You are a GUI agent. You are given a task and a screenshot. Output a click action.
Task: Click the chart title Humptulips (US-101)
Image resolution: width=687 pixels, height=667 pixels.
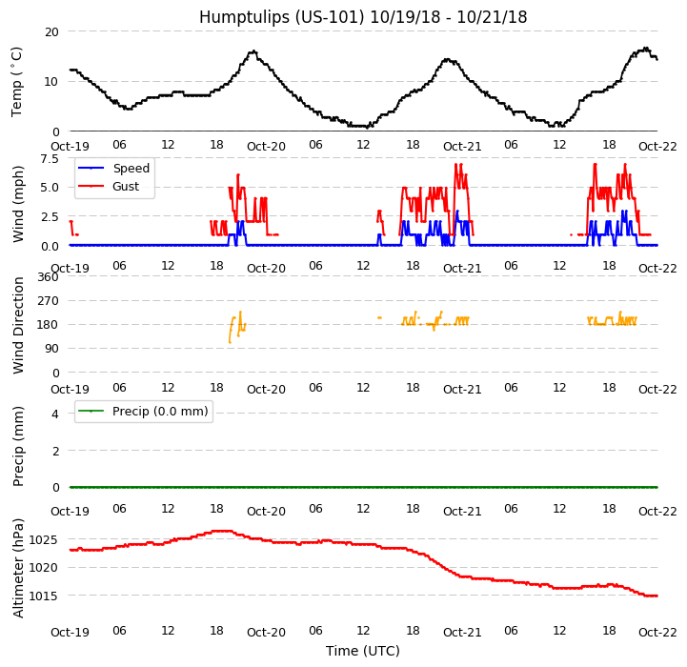[x=363, y=17]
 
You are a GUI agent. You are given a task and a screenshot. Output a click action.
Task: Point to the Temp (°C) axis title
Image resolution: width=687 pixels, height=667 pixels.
[x=17, y=81]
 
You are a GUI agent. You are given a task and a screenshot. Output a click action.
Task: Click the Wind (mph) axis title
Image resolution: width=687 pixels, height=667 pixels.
[x=18, y=203]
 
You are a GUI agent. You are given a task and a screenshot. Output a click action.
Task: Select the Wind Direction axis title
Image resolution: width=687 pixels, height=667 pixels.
[x=18, y=325]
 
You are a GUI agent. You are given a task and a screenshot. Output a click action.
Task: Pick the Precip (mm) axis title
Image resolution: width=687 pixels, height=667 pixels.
[x=18, y=446]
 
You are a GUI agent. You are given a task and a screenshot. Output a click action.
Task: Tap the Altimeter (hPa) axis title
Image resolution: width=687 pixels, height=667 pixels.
[x=18, y=568]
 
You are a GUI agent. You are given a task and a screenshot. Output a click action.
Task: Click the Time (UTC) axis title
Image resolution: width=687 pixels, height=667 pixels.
[x=363, y=651]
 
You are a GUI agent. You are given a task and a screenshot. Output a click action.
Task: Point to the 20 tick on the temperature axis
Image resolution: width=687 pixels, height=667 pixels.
[x=51, y=32]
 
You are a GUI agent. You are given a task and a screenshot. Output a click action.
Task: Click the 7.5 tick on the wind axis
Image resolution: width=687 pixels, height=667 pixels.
[x=48, y=160]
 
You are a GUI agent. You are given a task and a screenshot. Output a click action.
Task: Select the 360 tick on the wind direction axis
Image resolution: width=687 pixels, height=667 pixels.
[x=48, y=277]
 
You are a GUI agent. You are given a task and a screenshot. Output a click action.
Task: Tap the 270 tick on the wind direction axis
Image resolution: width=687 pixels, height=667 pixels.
[x=48, y=301]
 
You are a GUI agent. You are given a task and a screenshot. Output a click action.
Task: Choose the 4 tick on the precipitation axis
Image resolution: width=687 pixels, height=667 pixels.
[x=54, y=414]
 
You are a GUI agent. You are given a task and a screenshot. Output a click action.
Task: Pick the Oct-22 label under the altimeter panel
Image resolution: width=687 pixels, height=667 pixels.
[x=657, y=632]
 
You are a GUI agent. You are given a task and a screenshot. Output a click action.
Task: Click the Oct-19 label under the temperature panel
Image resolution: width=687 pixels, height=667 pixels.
[x=70, y=148]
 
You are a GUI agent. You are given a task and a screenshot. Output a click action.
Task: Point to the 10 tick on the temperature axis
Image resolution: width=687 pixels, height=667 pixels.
[x=51, y=82]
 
